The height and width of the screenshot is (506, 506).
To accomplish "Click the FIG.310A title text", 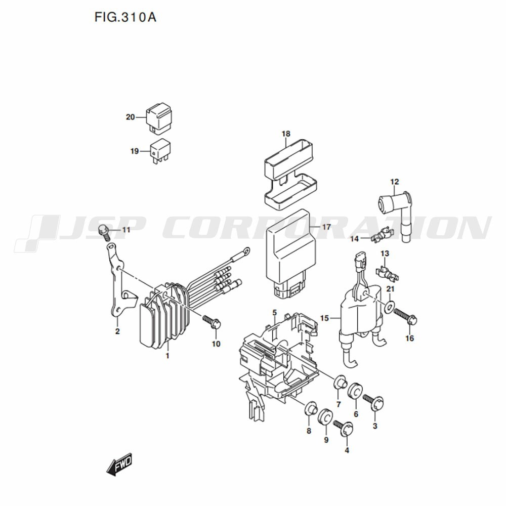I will point(125,17).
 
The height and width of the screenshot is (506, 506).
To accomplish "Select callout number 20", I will point(130,117).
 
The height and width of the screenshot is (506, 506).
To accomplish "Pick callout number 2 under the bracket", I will point(117,332).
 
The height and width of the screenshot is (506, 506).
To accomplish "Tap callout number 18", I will point(286,134).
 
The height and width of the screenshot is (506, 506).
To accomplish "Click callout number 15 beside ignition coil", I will point(324,318).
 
